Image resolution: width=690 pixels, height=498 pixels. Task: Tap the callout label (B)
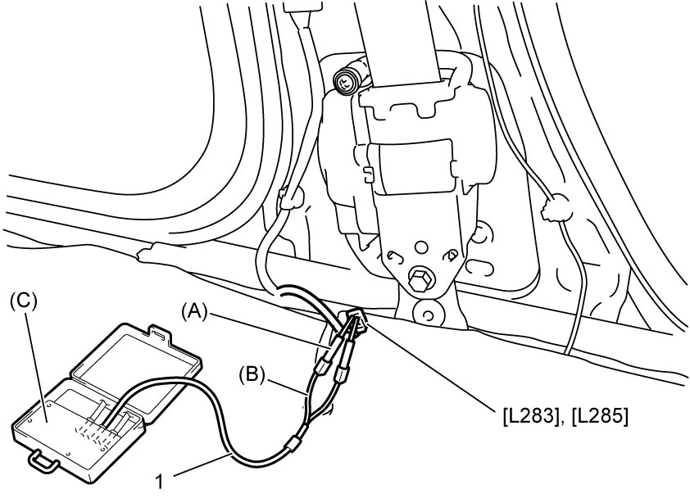coord(252,375)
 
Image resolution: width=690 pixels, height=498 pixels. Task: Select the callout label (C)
coord(24,302)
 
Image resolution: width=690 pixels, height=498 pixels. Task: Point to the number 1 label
coord(160,482)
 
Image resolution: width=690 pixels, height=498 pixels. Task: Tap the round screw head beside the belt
coord(344,82)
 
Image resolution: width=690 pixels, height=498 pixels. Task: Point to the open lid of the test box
coord(136,356)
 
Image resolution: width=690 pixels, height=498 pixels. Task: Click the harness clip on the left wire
coord(289,197)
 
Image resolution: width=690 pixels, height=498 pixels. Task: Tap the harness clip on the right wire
coord(557,207)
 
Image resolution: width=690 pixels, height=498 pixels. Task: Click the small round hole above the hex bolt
coord(421,247)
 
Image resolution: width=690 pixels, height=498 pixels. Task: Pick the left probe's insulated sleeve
coord(324,364)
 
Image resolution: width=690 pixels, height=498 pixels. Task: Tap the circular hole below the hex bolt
coord(425,315)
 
